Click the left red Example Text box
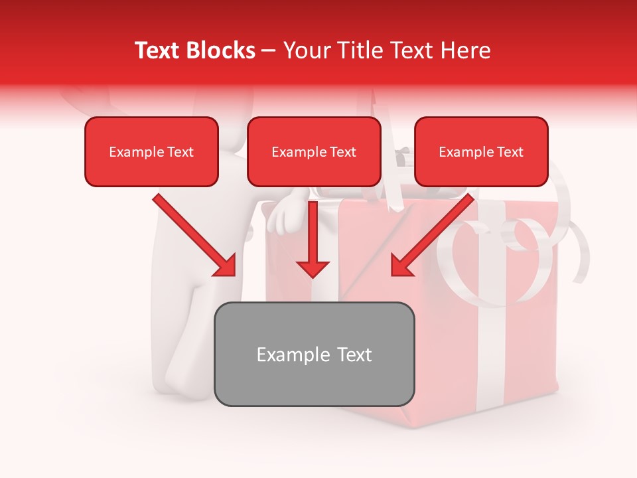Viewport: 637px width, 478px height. coord(151,151)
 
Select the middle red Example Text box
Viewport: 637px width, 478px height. coord(314,151)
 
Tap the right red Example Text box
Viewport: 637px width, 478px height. coord(481,151)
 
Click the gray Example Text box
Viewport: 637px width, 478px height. coord(314,354)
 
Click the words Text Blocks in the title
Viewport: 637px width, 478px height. coord(194,50)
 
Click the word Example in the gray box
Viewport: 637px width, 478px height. coord(284,355)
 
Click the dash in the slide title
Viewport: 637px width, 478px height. coord(269,51)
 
